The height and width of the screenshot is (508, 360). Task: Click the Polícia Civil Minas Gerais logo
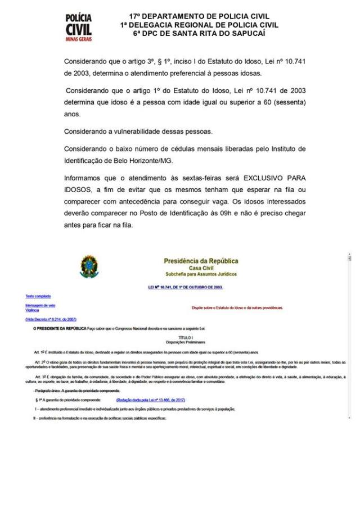(x=78, y=27)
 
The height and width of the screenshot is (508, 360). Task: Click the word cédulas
(x=172, y=149)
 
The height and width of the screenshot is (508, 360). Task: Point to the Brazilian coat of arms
(x=89, y=266)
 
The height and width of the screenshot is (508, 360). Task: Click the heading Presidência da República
(x=201, y=261)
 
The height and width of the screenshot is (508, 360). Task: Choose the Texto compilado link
(x=38, y=296)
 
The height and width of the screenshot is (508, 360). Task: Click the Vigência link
(x=32, y=310)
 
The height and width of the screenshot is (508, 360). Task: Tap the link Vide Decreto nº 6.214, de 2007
(x=51, y=319)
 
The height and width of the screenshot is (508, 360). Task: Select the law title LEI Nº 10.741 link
(x=182, y=287)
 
